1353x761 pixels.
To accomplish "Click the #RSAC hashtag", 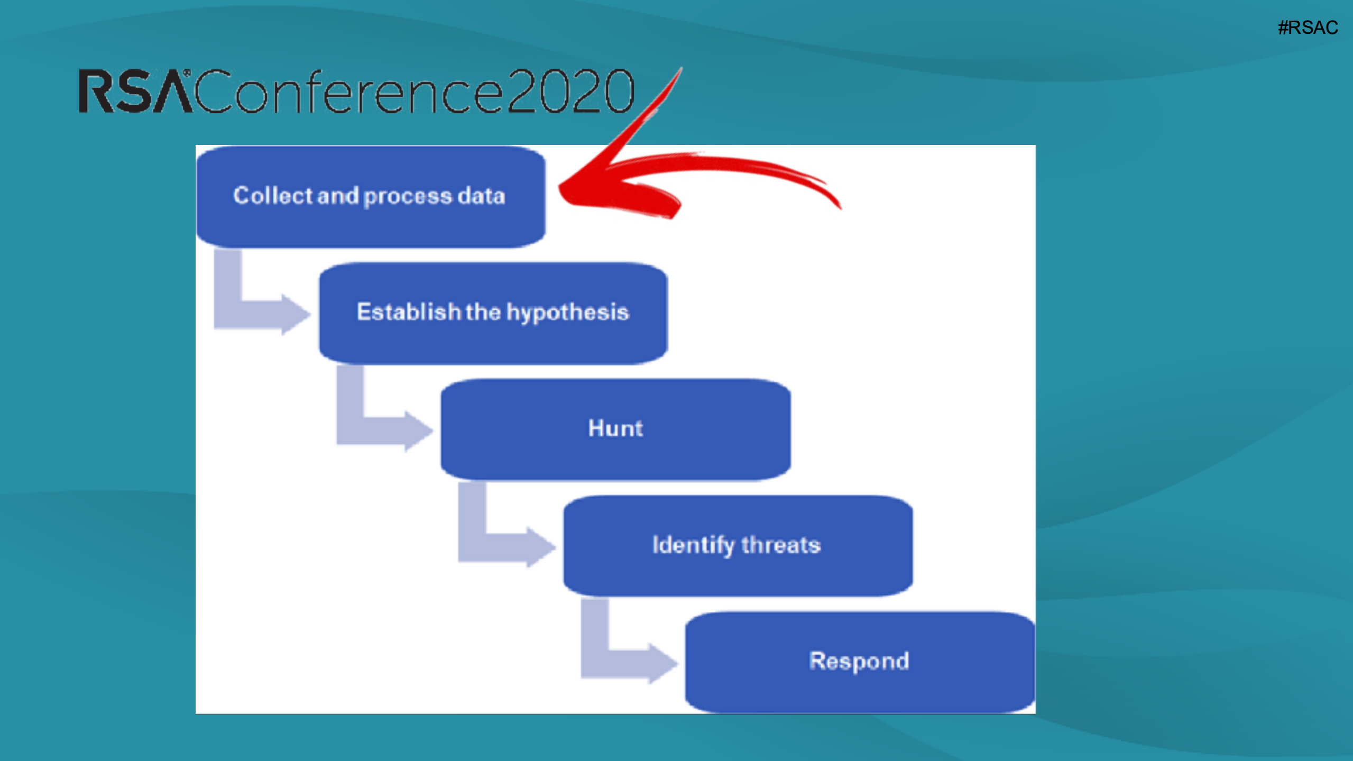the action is click(1308, 27).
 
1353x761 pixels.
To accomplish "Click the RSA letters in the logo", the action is click(136, 91).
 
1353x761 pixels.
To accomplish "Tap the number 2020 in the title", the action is click(570, 91).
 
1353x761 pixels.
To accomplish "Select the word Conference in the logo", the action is click(349, 91).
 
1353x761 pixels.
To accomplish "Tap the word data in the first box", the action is click(481, 196).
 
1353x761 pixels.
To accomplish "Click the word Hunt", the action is click(615, 428).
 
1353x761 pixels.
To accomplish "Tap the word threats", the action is click(781, 545).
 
